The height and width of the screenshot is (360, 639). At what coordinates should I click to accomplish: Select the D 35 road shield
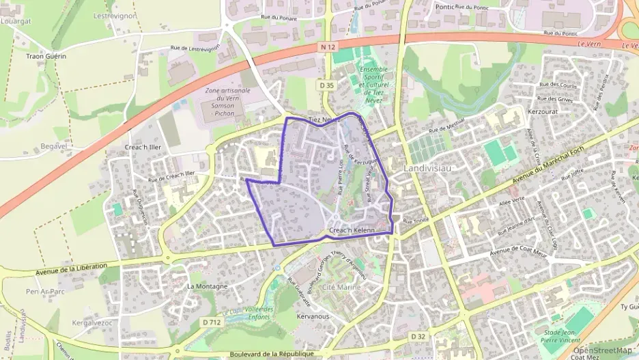[326, 85]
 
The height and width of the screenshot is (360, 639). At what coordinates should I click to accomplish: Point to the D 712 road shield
[212, 322]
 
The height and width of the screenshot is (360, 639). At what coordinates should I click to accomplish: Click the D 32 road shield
[418, 337]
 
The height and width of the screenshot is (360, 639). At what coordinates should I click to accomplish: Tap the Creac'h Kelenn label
[352, 231]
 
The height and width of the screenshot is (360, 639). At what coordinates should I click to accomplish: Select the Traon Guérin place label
[46, 56]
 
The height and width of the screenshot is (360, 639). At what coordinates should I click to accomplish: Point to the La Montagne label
[207, 286]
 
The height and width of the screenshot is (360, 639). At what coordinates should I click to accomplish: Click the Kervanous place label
[314, 317]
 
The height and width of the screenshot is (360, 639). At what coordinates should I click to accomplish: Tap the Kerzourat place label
[543, 110]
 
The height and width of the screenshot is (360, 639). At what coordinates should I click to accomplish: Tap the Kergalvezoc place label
[91, 322]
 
